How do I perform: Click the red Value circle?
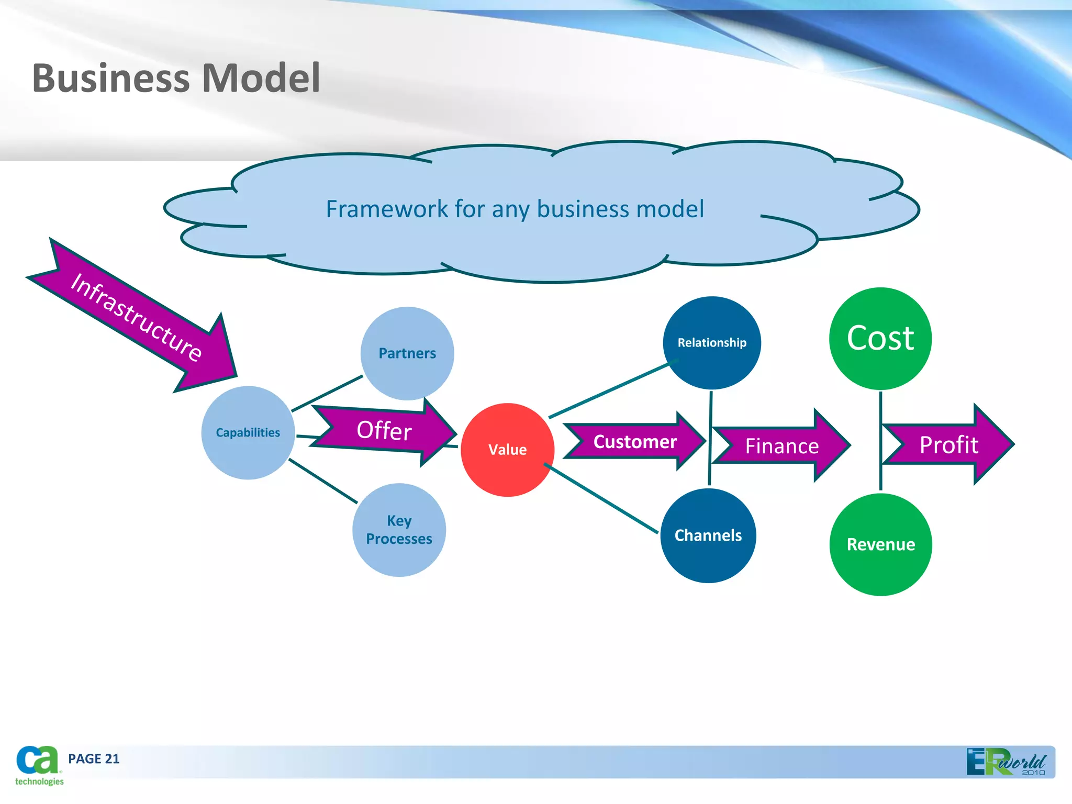(x=507, y=450)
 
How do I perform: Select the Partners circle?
(x=407, y=353)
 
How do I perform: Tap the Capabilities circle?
(x=248, y=433)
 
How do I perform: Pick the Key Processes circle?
(x=399, y=530)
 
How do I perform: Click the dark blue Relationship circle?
(x=712, y=343)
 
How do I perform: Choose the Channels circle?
(x=708, y=535)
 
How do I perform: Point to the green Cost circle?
(x=880, y=338)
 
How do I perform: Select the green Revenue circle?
(x=880, y=544)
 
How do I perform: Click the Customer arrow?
(x=635, y=442)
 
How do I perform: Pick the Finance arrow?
(x=781, y=446)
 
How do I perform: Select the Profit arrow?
(x=948, y=445)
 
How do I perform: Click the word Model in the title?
(x=261, y=78)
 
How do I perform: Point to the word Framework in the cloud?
(x=386, y=209)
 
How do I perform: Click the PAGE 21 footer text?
(x=94, y=759)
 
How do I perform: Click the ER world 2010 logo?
(x=1008, y=762)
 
